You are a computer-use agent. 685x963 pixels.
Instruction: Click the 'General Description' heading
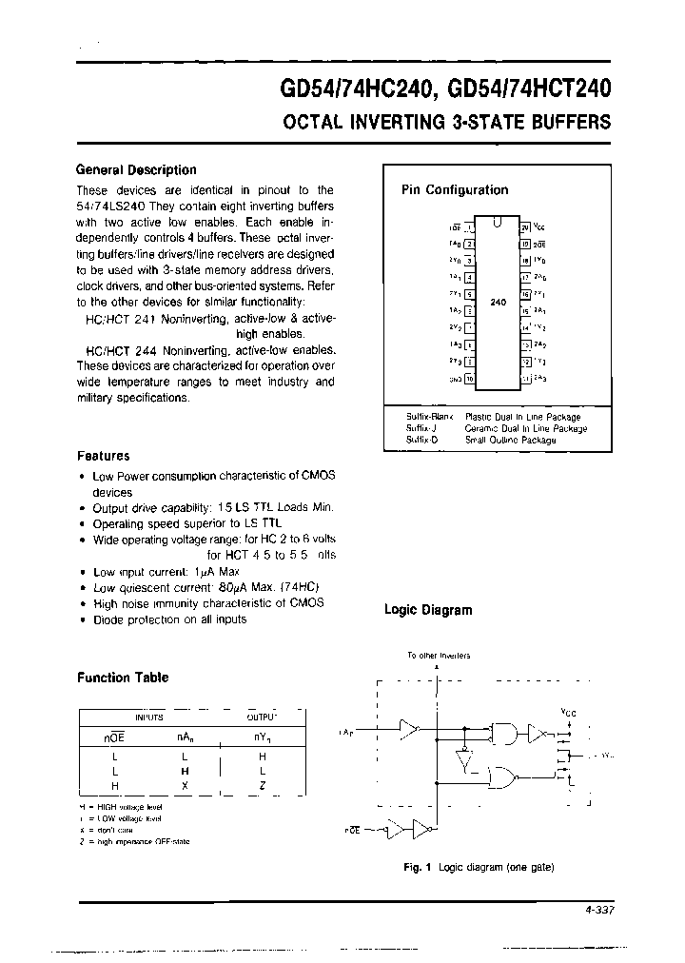(x=136, y=170)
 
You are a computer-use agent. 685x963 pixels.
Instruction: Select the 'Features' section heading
(x=103, y=456)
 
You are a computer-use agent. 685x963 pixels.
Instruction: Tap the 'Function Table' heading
(x=122, y=678)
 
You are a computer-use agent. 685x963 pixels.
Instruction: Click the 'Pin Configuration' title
(x=455, y=189)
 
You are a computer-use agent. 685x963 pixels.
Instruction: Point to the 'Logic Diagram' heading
(x=427, y=610)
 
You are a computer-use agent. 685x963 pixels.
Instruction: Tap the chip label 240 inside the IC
(x=498, y=302)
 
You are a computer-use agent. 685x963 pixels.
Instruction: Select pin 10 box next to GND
(x=469, y=379)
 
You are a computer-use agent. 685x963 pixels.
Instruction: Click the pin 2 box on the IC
(x=469, y=244)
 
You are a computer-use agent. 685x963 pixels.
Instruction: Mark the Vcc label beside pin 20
(x=540, y=226)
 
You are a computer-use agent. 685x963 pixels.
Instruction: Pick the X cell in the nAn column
(x=185, y=785)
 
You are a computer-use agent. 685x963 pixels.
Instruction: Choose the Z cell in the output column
(x=262, y=785)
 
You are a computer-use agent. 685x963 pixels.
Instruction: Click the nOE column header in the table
(x=114, y=736)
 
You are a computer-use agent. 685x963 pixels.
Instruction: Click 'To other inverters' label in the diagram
(x=439, y=656)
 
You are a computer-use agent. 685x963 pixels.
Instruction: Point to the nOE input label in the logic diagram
(x=352, y=831)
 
